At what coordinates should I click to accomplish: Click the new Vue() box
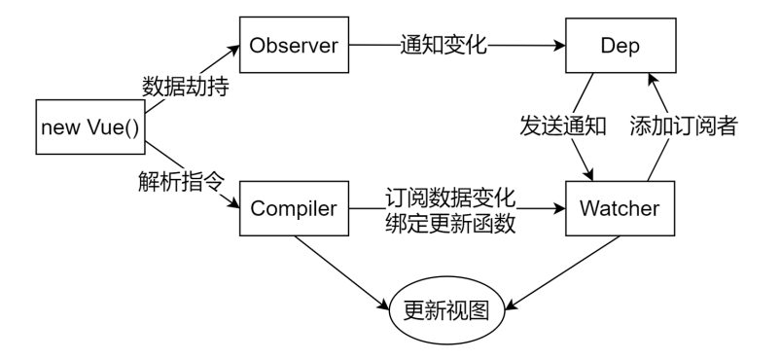[x=89, y=126]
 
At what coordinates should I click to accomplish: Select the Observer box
[x=295, y=46]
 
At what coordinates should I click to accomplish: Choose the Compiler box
[x=295, y=207]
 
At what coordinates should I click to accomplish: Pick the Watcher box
[x=621, y=207]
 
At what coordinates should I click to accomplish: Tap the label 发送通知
[x=562, y=126]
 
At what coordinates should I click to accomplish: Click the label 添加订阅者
[x=681, y=126]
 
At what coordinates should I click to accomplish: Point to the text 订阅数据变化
[x=448, y=196]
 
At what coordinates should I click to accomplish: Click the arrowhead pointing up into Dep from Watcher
[x=654, y=82]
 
